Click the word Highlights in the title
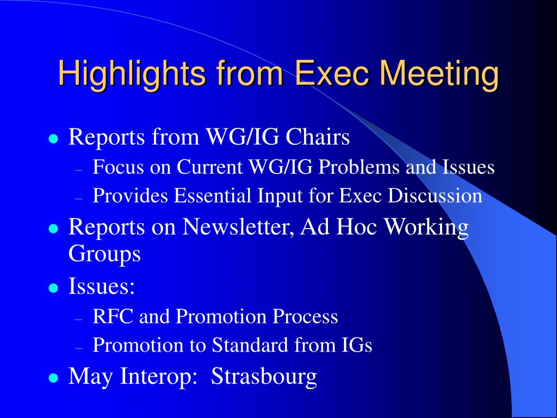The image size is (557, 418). (132, 74)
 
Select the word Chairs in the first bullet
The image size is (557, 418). (318, 137)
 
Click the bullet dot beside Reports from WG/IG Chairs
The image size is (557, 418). (53, 138)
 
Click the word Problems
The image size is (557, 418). (358, 167)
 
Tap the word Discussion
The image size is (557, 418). (435, 195)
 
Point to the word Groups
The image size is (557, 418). (104, 254)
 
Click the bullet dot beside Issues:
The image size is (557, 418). (53, 287)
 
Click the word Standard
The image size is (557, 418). (250, 345)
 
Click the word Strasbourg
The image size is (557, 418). (264, 376)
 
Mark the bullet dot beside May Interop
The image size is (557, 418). (53, 378)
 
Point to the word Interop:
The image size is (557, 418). (158, 377)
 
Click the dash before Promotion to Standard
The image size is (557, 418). (79, 348)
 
